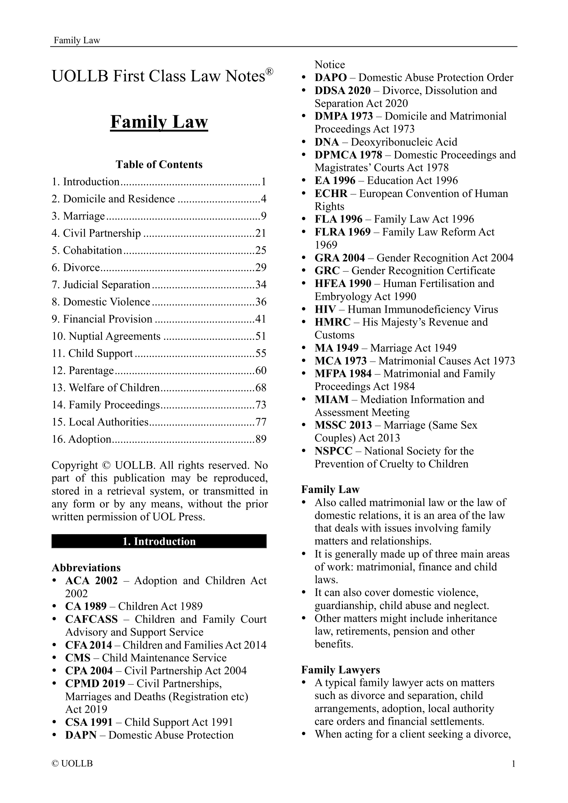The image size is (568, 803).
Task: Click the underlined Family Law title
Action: [159, 122]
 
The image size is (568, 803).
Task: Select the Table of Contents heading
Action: [159, 164]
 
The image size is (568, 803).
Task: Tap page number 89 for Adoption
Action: [261, 439]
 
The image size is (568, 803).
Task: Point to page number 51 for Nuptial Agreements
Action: [261, 336]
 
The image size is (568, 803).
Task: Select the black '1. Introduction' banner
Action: [159, 541]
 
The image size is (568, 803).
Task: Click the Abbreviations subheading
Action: [86, 567]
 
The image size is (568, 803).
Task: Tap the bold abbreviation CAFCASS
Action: [91, 619]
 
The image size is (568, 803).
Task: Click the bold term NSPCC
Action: [333, 451]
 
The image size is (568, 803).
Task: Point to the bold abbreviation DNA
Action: [326, 142]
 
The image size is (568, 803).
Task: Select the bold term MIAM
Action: [332, 399]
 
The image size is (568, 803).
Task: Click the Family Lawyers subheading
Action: [340, 670]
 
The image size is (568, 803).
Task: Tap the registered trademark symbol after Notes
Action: [269, 72]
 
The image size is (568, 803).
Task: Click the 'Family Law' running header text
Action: [77, 41]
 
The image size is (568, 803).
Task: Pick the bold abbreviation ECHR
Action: [331, 193]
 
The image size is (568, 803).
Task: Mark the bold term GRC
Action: [327, 271]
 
